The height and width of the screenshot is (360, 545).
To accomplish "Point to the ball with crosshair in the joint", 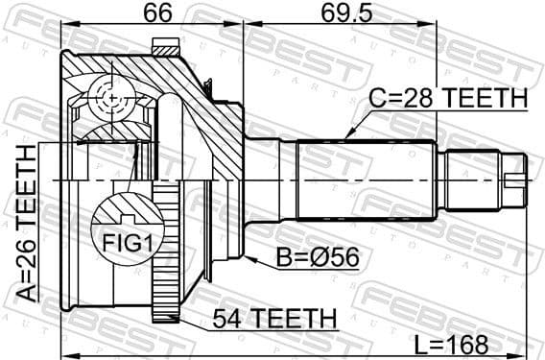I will click(113, 99).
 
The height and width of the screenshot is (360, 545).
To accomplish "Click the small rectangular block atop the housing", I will click(167, 46).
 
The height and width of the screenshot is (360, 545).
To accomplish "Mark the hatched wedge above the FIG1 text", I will click(122, 207).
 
